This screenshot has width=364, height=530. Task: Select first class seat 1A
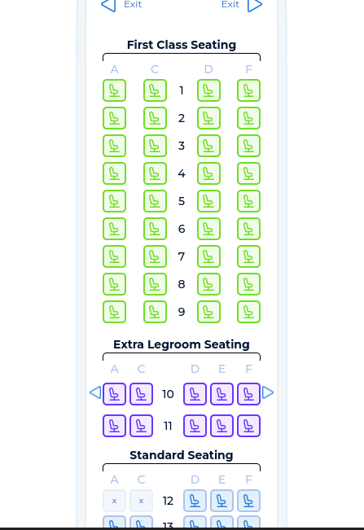coord(114,90)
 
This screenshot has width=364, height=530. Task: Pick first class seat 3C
coord(155,146)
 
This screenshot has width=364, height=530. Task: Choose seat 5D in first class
coord(208,201)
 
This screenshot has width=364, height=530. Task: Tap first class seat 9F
coord(248,312)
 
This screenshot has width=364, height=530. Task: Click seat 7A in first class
coord(114,256)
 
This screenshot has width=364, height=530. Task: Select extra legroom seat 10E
coord(221,394)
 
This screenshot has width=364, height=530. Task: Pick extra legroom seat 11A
coord(114,426)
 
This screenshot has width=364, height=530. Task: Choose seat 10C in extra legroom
coord(141,394)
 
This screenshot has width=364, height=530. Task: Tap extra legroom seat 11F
coord(248,426)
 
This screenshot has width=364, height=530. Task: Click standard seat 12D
coord(195,501)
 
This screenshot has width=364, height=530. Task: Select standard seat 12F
coord(248,501)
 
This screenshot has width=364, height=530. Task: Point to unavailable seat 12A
coord(114,501)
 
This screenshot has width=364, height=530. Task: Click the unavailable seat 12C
coord(141,501)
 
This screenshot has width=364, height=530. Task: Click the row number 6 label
coord(182,229)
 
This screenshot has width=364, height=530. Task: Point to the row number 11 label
coord(168,426)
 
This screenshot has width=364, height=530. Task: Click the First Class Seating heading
coord(182,45)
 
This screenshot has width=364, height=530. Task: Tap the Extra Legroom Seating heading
coord(182,344)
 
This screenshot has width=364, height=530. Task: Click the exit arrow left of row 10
coord(95,392)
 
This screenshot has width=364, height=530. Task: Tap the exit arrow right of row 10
coord(268,392)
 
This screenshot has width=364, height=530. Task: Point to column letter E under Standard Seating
coord(221,480)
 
